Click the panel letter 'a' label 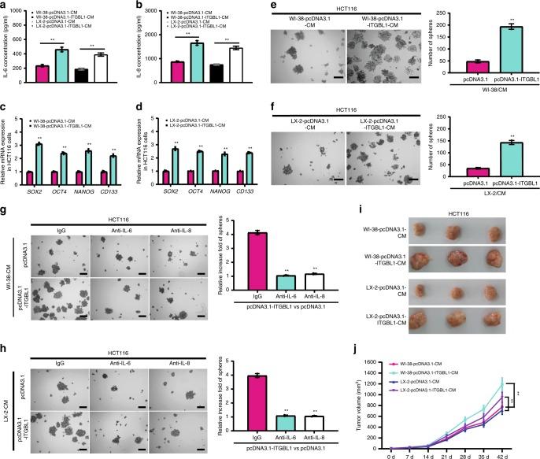point(4,6)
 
